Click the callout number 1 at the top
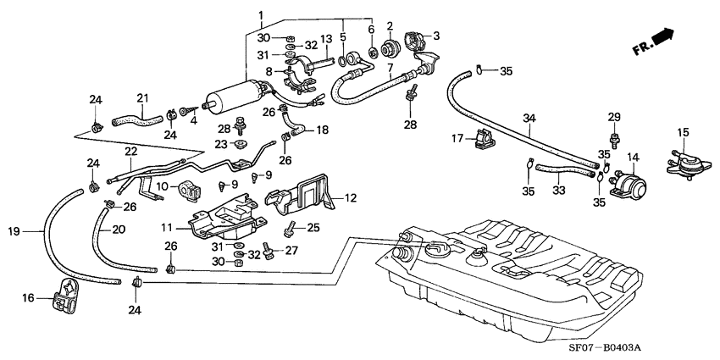point(261,14)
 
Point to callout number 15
point(682,133)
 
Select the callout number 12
point(349,199)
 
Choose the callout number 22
point(130,152)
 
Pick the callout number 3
point(436,36)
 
